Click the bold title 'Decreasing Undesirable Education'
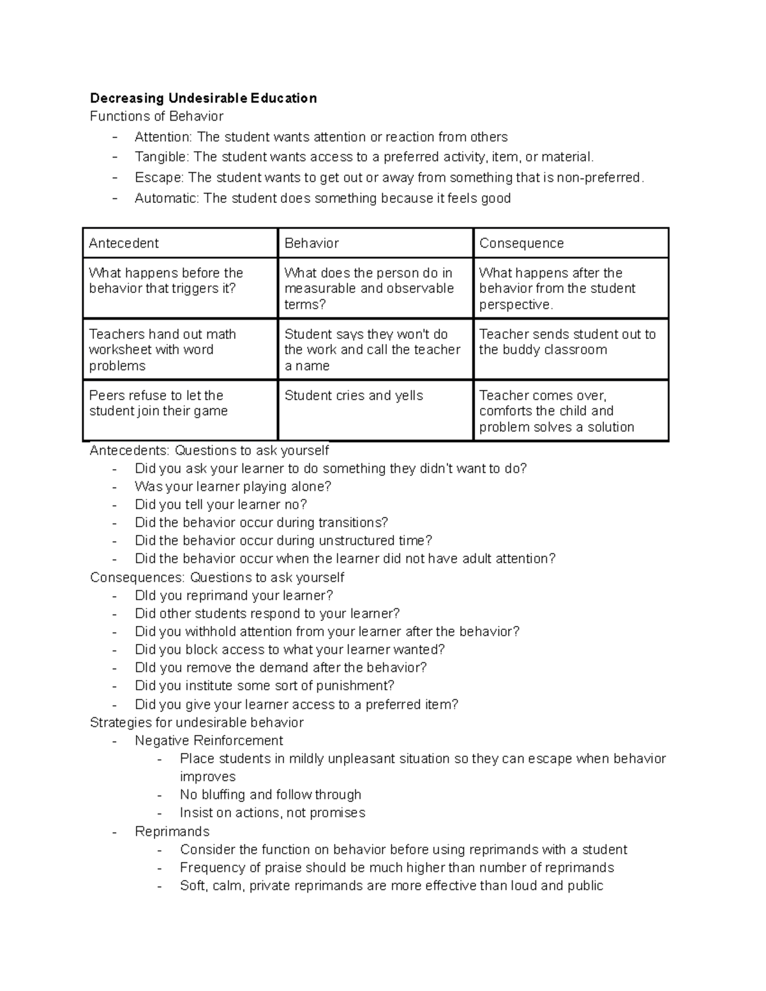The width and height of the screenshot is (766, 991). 203,98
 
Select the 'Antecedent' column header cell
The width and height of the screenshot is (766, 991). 180,243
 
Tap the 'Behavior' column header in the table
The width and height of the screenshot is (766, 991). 375,243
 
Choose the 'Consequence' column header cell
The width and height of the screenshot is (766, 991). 571,243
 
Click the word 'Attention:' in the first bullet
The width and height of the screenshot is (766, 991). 163,137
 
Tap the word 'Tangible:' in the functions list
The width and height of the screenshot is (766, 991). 162,157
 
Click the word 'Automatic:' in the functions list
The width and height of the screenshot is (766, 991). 167,198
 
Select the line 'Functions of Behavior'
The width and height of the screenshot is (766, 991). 156,116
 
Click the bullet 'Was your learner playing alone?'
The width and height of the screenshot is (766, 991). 233,486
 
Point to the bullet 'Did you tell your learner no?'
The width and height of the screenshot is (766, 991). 221,505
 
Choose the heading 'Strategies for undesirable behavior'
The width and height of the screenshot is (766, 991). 197,722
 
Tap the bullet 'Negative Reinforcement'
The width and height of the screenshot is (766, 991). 209,741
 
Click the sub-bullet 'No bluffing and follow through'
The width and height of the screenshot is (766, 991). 270,794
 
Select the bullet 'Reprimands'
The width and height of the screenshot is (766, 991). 172,831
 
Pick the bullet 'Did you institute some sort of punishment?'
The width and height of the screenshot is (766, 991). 264,686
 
